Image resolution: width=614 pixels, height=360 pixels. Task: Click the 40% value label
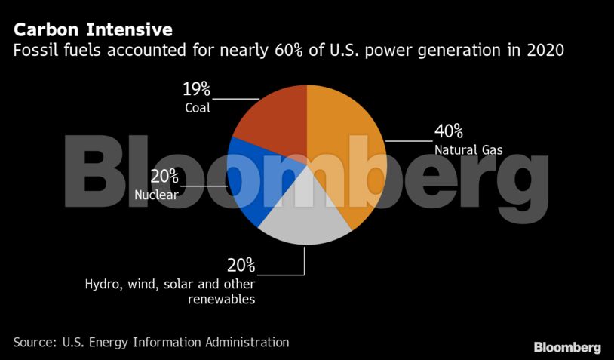448,131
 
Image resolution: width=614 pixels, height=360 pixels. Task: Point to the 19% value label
197,91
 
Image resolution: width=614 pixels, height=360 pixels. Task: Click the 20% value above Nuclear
164,177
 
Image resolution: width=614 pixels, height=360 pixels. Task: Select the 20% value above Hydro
241,266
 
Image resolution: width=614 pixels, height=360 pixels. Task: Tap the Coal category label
198,108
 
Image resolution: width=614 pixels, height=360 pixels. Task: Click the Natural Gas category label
468,149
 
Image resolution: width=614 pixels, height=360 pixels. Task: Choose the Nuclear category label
156,195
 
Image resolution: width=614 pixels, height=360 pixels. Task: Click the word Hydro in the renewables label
101,284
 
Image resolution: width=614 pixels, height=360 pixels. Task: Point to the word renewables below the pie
222,300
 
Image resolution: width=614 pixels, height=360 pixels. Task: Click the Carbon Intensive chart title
93,31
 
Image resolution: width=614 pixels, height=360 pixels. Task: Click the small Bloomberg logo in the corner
567,347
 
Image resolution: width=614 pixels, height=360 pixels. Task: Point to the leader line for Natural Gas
407,141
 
